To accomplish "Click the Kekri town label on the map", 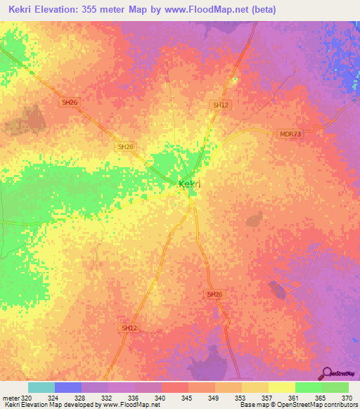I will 190,184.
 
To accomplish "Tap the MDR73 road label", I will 290,133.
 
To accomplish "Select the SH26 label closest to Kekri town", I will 126,146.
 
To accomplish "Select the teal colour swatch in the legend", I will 41,387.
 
